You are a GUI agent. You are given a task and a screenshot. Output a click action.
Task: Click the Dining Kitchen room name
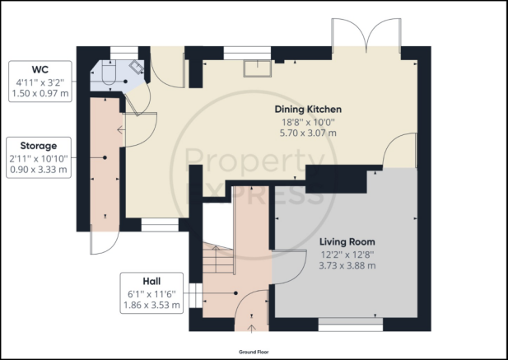point(308,110)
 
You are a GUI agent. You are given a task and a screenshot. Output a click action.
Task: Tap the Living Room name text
point(347,241)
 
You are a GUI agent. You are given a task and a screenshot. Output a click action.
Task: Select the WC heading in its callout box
point(40,70)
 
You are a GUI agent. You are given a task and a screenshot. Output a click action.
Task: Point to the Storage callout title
point(39,146)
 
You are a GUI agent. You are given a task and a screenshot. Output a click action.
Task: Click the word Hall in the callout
point(151,281)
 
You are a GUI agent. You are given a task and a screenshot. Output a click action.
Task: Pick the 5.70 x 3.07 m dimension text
point(308,133)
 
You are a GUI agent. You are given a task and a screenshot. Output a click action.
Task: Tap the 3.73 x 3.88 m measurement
point(347,266)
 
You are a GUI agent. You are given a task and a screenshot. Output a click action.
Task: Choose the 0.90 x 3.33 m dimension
point(39,170)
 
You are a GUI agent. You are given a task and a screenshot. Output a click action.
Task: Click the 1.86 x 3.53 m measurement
point(151,306)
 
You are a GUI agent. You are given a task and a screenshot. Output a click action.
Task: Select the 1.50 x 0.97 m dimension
point(40,94)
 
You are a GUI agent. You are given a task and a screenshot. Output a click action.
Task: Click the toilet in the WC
point(109,73)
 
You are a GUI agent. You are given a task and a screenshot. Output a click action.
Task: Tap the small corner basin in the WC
point(137,67)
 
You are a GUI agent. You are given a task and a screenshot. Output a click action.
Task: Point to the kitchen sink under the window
point(258,68)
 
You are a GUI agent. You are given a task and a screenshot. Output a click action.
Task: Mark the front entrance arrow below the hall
point(251,329)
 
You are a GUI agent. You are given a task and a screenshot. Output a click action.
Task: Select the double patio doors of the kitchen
point(366,35)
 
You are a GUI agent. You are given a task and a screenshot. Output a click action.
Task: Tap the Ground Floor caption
point(254,352)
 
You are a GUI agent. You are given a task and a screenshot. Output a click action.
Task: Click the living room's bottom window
point(351,325)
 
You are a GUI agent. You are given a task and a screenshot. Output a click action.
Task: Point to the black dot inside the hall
point(235,293)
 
